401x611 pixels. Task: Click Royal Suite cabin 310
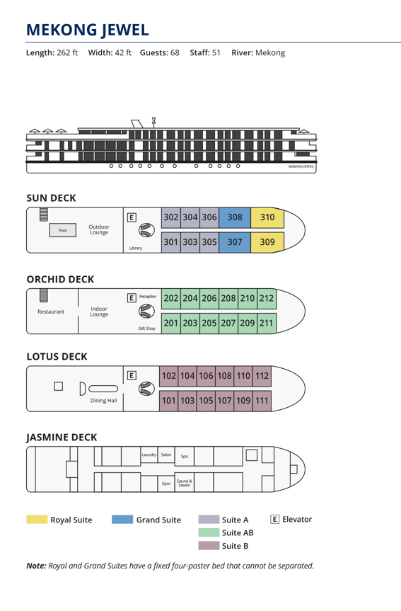267,217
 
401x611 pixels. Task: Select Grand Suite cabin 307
235,242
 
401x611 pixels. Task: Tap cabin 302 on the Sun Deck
171,217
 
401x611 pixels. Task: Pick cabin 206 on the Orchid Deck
209,299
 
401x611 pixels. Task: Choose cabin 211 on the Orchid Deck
267,323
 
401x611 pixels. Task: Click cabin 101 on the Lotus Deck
168,401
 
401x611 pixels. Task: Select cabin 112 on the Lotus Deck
262,376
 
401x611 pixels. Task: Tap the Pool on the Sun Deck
63,230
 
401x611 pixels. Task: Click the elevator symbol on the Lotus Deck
132,375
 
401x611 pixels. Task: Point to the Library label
136,248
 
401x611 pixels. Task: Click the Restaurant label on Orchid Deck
51,312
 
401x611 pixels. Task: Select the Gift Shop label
147,329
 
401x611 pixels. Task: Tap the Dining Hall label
103,401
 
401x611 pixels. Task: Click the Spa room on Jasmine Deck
185,456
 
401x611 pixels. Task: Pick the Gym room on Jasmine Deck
166,484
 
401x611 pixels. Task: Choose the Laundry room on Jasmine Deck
149,455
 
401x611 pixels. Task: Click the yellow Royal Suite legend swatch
37,520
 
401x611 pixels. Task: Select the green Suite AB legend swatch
209,532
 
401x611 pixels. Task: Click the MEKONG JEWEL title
88,30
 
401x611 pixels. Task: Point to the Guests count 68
175,52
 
